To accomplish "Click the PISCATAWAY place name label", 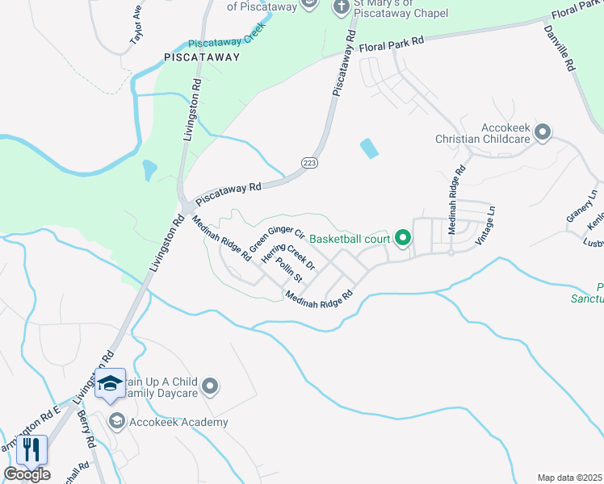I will tap(202, 57).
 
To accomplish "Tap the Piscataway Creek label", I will tap(226, 45).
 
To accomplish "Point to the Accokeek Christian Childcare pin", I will tap(543, 131).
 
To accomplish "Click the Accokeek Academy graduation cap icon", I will tap(117, 421).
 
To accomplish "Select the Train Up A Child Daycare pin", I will tap(210, 387).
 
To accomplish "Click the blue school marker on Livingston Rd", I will tap(110, 386).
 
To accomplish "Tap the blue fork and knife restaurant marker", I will tap(32, 449).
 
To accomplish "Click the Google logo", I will tap(27, 474).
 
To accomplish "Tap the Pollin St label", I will tap(288, 270).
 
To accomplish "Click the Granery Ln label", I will tap(582, 207).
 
